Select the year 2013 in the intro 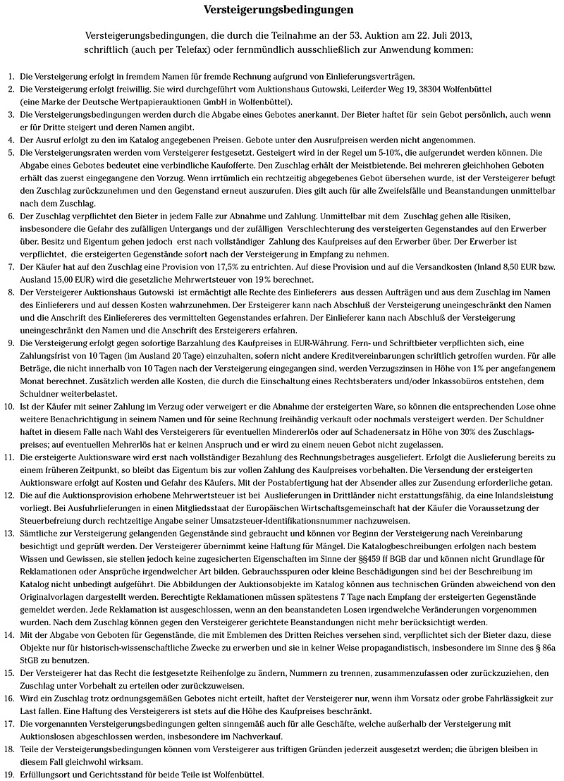pyautogui.click(x=460, y=35)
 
